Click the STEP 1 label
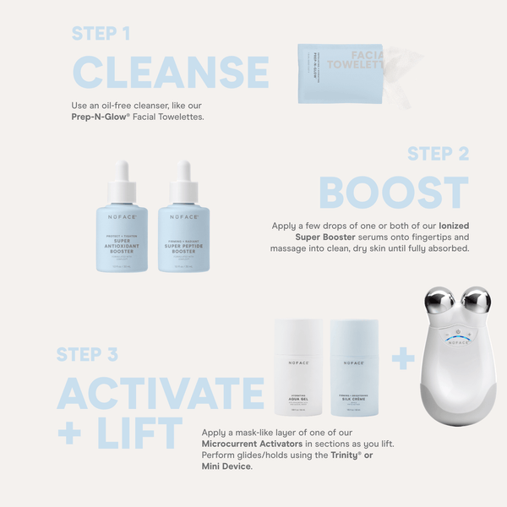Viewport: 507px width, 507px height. click(101, 34)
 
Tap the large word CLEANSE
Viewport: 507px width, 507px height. click(171, 72)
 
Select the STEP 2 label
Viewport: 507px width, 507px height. click(438, 154)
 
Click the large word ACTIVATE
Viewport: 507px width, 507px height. click(161, 395)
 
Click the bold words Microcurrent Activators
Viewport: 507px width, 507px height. click(247, 442)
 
